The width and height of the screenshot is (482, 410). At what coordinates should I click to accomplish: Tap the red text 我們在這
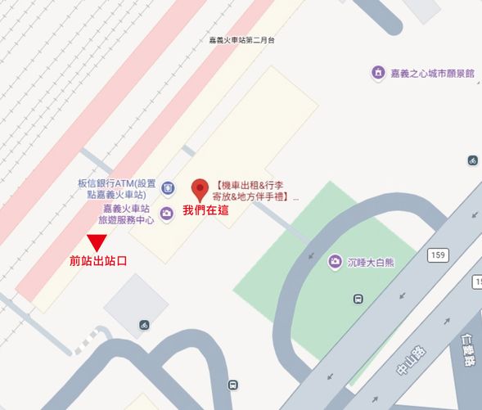point(205,210)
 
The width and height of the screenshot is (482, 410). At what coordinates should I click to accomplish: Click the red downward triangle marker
point(97,243)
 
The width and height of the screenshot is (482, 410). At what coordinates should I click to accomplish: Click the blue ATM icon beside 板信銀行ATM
point(168,188)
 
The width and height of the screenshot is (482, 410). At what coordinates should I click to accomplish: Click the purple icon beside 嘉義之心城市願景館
point(377,73)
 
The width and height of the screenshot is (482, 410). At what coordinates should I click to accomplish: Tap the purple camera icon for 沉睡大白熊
point(335,262)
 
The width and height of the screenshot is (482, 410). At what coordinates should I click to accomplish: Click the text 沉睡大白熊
point(369,262)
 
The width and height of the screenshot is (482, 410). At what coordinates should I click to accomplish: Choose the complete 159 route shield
point(437,256)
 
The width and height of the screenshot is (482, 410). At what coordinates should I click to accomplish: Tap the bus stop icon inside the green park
point(358,299)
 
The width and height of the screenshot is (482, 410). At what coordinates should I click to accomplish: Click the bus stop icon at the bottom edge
point(234,385)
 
